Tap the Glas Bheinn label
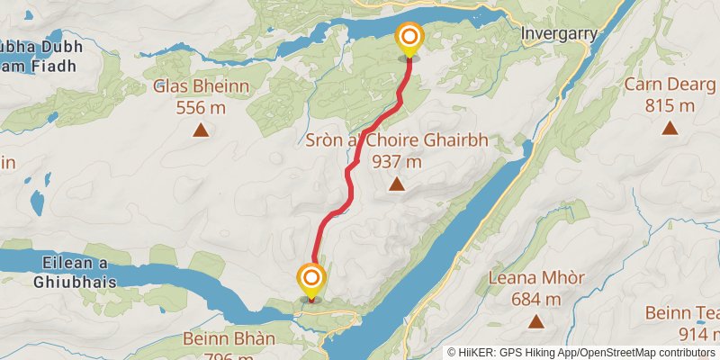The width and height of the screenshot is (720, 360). (200, 87)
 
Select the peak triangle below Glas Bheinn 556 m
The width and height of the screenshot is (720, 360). (201, 130)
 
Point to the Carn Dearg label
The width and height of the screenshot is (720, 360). (670, 85)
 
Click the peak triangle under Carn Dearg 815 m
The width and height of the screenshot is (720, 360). (670, 128)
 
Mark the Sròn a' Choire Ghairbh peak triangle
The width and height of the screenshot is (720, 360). (396, 184)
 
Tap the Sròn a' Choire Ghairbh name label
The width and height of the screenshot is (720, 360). (396, 142)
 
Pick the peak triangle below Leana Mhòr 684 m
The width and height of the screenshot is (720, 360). (536, 321)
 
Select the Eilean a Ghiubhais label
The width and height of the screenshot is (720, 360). (76, 271)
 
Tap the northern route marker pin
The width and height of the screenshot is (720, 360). (409, 38)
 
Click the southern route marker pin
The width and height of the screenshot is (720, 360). (311, 277)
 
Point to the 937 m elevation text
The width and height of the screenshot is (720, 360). (396, 162)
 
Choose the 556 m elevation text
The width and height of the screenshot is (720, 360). (200, 107)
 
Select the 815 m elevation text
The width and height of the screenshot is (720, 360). (670, 105)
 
